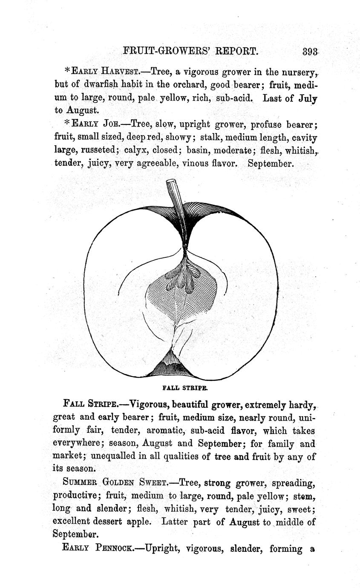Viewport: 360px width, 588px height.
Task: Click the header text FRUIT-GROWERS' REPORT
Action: pos(190,52)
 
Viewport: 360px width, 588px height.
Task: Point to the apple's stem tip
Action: pos(171,182)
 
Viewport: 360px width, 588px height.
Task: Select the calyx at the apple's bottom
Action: pos(172,366)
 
